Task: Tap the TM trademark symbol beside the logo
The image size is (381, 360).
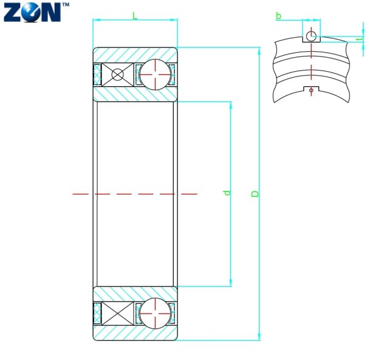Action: (x=66, y=4)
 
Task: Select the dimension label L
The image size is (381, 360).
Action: (x=135, y=16)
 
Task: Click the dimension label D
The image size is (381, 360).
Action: (x=255, y=193)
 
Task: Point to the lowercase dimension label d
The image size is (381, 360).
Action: (x=227, y=193)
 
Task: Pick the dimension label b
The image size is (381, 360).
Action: (x=278, y=16)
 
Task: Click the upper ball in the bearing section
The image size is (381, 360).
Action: (x=155, y=74)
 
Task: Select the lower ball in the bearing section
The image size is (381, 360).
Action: (x=155, y=313)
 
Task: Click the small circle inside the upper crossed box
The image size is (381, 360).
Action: (x=117, y=75)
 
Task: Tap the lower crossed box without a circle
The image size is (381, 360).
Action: (x=117, y=314)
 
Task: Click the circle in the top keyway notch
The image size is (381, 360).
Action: (x=312, y=36)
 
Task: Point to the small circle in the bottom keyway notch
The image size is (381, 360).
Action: (x=312, y=90)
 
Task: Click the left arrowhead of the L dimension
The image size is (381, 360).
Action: (x=95, y=19)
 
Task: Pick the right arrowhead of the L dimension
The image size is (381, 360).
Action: (x=175, y=19)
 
